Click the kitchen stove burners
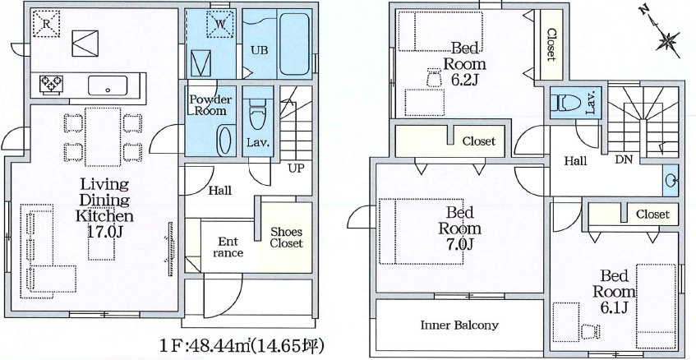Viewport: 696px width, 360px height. pyautogui.click(x=52, y=85)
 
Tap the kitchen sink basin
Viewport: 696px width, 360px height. pyautogui.click(x=108, y=85)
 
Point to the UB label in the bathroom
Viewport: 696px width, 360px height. pyautogui.click(x=259, y=51)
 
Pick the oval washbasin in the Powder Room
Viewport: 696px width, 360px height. pyautogui.click(x=224, y=140)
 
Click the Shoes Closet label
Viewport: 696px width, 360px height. pyautogui.click(x=286, y=238)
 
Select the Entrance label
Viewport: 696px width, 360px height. pyautogui.click(x=228, y=247)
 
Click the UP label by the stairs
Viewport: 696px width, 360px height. pyautogui.click(x=296, y=168)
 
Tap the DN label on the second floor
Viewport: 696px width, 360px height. pyautogui.click(x=624, y=160)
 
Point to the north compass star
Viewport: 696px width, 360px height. pyautogui.click(x=668, y=41)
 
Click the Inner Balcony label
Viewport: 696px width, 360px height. pyautogui.click(x=459, y=325)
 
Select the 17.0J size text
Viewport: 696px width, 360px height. pyautogui.click(x=104, y=232)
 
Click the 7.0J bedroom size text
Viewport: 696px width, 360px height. pyautogui.click(x=459, y=244)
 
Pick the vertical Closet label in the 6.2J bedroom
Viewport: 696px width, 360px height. pyautogui.click(x=551, y=44)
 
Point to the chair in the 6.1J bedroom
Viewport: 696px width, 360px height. pyautogui.click(x=590, y=331)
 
